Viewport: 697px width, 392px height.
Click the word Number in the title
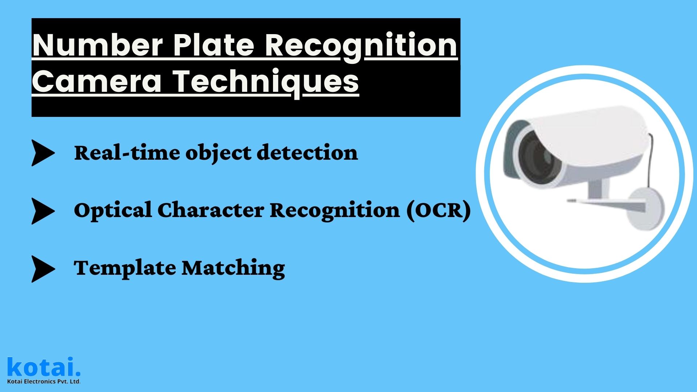coord(97,46)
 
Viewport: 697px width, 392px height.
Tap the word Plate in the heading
coord(213,46)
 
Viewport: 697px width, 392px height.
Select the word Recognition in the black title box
coord(360,46)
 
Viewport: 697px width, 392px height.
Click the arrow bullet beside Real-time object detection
coord(42,153)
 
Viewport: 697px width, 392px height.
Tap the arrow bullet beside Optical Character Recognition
coord(42,211)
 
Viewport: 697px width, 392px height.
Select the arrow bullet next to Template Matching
coord(42,269)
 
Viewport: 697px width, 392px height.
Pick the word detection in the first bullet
coord(307,153)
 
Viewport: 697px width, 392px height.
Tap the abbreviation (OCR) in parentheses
coord(438,211)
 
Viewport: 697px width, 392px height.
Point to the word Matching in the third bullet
coord(233,269)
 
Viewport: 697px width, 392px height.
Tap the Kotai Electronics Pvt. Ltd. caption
coord(44,381)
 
